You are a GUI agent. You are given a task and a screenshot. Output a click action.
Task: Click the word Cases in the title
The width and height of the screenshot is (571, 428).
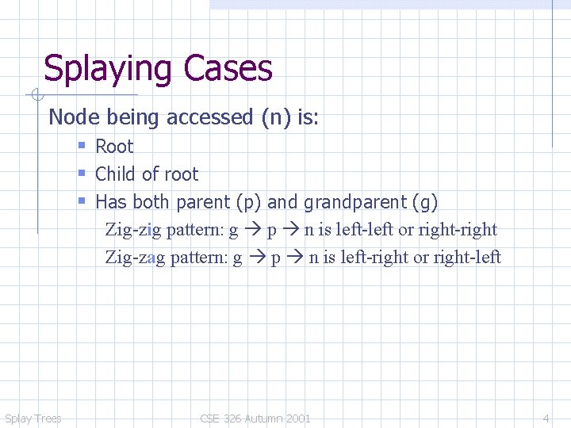pos(231,69)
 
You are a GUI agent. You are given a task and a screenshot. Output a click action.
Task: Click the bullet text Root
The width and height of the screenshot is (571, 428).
pos(114,147)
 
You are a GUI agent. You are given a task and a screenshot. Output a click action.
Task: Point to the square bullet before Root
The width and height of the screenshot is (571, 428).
pos(82,147)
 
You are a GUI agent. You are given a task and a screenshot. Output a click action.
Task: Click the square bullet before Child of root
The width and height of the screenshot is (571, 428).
pos(82,174)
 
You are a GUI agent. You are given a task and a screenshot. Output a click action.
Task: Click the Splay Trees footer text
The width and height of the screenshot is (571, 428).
pos(33,418)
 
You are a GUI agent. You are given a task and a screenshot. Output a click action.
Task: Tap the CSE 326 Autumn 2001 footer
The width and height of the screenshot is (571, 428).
pos(255,418)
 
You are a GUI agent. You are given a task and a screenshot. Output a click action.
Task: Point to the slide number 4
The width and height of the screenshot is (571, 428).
pos(546,418)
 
